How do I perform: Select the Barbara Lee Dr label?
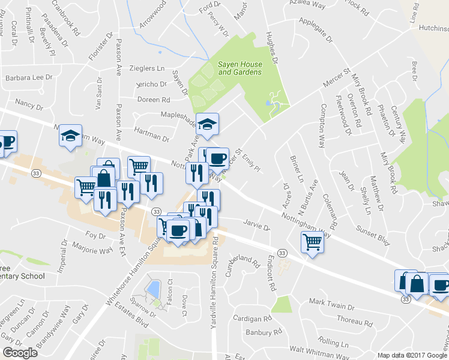point(29,78)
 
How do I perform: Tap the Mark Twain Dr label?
point(331,307)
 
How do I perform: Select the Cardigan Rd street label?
point(253,318)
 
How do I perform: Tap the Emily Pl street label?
point(251,163)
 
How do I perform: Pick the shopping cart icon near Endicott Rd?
point(312,242)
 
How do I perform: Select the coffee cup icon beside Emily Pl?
point(218,158)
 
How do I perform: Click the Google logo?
point(20,352)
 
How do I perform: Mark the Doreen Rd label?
point(154,100)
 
